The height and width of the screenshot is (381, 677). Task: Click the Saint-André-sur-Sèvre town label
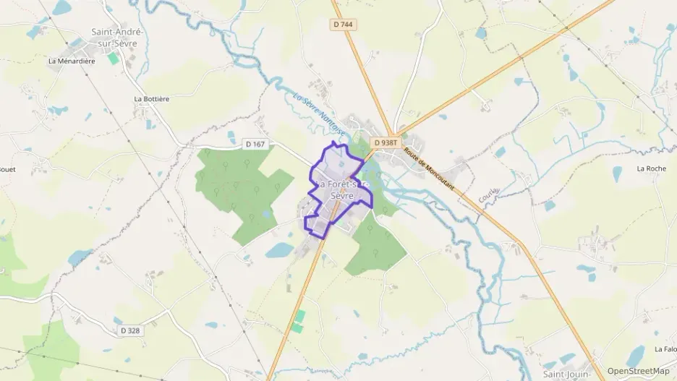pos(117,37)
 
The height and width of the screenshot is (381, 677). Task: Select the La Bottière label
pos(151,98)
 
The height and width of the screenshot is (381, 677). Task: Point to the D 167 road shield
pos(255,145)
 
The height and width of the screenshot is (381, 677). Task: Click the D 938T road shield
pos(385,143)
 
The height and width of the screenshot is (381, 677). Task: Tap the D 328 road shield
pos(130,330)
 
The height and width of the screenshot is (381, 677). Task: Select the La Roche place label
pos(651,168)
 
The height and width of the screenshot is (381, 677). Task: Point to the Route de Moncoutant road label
pos(429,168)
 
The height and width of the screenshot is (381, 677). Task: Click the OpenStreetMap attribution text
pos(638,371)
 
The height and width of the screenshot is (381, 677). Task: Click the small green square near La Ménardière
pos(114,58)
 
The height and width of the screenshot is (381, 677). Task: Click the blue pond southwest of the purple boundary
pos(280,251)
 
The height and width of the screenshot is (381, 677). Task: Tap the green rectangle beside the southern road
pos(298,321)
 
